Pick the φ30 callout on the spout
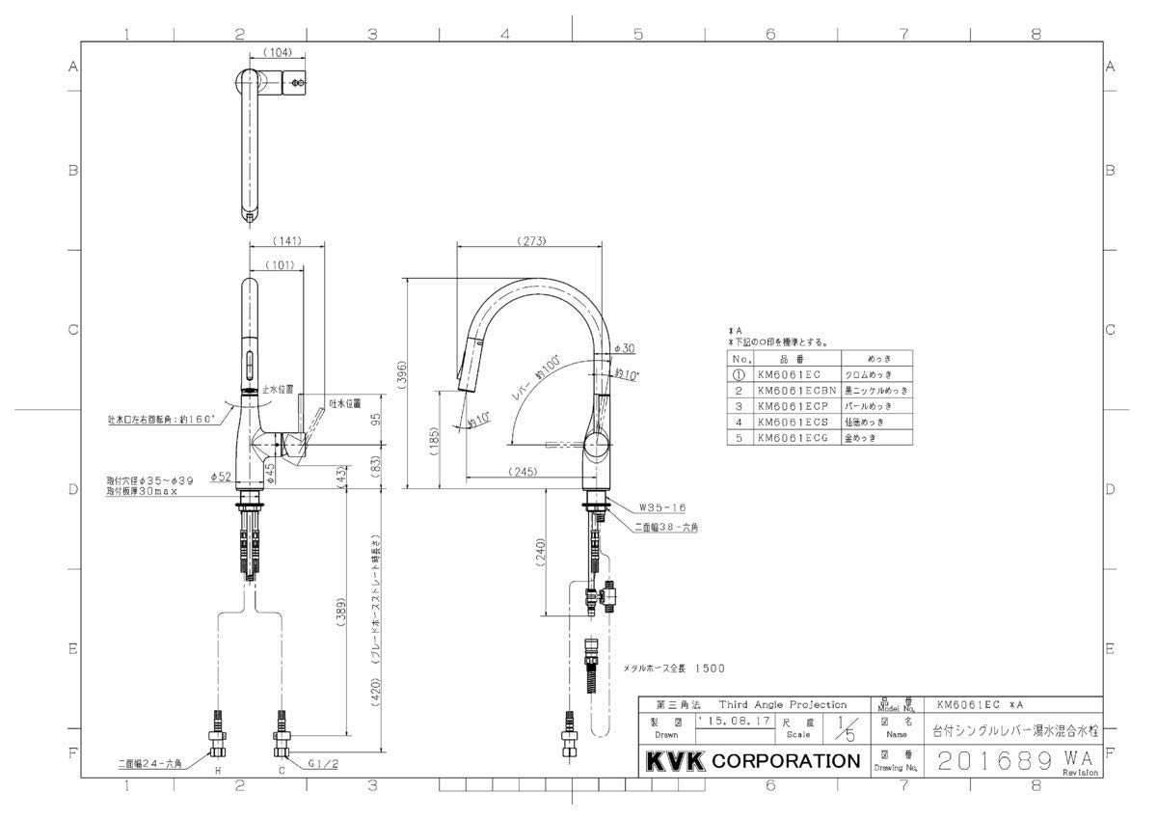tap(624, 348)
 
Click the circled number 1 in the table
tap(737, 375)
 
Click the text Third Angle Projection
tap(781, 705)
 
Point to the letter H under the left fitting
tap(217, 772)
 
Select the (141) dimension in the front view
tap(286, 241)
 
